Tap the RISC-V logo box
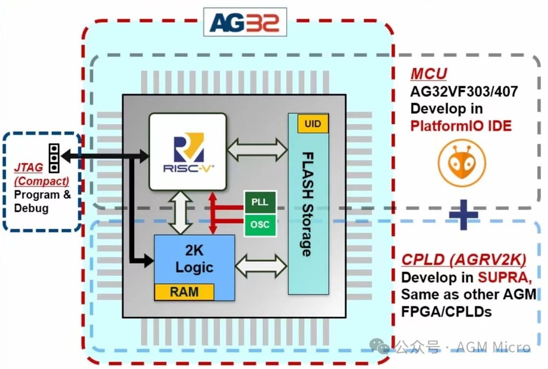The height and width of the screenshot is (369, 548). click(188, 151)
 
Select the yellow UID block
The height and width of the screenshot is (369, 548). click(313, 124)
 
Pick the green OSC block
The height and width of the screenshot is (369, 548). click(260, 225)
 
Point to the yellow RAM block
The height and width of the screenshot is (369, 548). click(184, 292)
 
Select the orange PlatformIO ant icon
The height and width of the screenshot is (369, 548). click(462, 164)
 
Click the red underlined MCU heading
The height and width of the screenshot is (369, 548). click(428, 74)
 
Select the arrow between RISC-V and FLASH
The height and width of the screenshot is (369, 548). click(257, 149)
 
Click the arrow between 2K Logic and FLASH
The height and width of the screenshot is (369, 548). click(261, 266)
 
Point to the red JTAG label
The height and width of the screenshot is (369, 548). click(28, 167)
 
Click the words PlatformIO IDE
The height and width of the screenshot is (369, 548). click(461, 126)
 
